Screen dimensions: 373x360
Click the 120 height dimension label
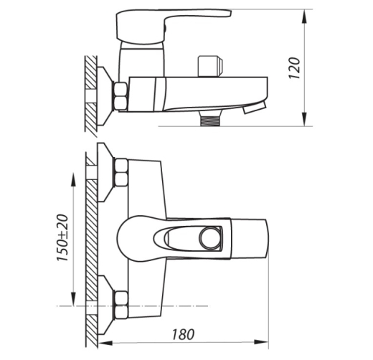(x=294, y=68)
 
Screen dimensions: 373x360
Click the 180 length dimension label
(x=183, y=334)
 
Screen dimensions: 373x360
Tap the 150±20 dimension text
(x=62, y=237)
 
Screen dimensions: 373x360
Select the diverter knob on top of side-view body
(x=210, y=66)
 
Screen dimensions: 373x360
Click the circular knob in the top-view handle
(x=209, y=238)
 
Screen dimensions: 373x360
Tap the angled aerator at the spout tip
(x=255, y=108)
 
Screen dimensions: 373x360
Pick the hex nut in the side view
(x=121, y=96)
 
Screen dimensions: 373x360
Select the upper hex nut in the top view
(x=121, y=173)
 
